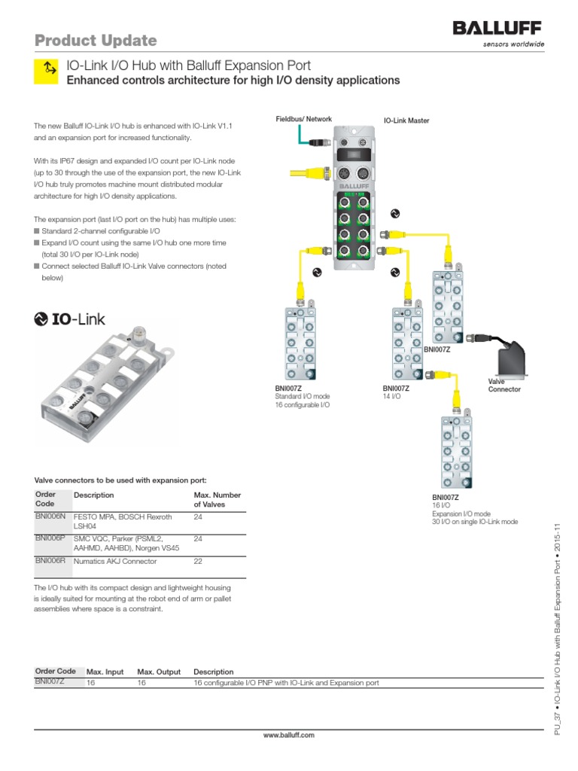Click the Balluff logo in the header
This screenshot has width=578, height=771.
[497, 29]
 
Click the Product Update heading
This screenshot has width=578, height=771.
[96, 40]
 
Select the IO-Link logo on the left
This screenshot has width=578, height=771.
[70, 319]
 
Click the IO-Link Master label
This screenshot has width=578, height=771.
[406, 120]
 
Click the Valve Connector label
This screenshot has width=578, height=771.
[504, 385]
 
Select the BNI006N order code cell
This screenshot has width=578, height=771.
[51, 517]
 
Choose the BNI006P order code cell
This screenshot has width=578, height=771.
[51, 539]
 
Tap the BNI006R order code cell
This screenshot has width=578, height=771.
[51, 561]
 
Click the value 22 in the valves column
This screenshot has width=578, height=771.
[199, 562]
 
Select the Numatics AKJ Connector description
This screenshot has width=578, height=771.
[115, 562]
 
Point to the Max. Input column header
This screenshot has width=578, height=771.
[105, 672]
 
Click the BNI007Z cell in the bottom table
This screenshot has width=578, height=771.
[50, 682]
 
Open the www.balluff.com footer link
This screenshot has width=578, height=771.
[289, 735]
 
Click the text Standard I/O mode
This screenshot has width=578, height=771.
[302, 396]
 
